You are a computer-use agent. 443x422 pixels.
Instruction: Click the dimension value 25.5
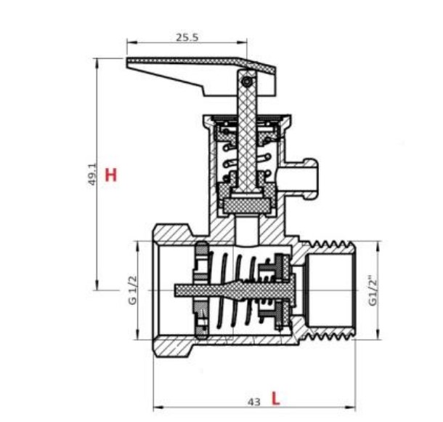[x=187, y=37]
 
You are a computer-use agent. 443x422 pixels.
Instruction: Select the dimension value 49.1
[x=92, y=175]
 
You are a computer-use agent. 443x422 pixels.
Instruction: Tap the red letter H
[x=110, y=175]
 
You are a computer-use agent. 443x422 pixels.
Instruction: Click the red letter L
[x=275, y=398]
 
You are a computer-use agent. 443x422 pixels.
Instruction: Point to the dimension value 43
[x=253, y=402]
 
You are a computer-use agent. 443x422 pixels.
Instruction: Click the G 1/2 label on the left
[x=132, y=290]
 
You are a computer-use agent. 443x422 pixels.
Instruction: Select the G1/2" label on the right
[x=373, y=292]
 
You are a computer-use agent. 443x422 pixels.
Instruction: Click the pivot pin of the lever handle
[x=247, y=81]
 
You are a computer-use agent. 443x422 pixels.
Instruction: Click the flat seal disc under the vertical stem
[x=247, y=205]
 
